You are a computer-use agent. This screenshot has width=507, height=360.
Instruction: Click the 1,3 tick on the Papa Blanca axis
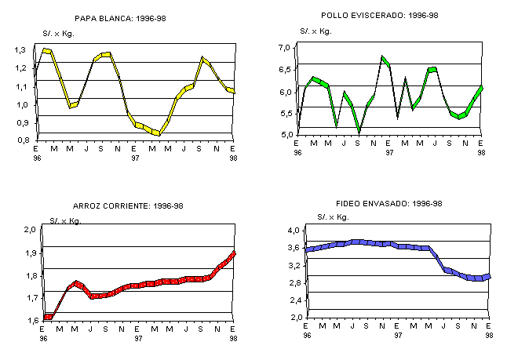[x=21, y=50]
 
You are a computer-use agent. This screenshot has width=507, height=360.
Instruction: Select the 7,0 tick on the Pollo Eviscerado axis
[x=285, y=49]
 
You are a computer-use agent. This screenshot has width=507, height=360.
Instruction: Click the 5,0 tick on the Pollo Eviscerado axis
[x=285, y=135]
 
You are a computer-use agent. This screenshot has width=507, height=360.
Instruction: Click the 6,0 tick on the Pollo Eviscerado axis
[x=285, y=93]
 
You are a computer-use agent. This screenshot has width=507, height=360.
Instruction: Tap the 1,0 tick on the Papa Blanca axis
[x=21, y=104]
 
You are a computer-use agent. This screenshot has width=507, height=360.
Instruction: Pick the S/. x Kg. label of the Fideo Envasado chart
[x=334, y=216]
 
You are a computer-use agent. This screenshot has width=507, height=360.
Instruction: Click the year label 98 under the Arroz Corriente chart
[x=233, y=336]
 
